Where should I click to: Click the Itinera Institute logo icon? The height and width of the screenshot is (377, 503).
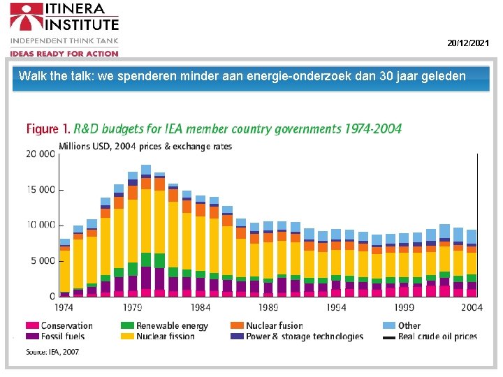[25, 17]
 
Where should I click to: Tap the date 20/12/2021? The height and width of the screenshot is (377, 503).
[468, 43]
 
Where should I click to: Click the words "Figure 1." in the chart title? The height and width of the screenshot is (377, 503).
[48, 128]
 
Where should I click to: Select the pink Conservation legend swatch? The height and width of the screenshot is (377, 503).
[32, 325]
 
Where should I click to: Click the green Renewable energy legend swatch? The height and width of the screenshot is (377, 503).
[126, 325]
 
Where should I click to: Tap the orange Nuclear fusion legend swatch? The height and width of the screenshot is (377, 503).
[237, 325]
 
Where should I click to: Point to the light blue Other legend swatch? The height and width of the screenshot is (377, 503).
[388, 325]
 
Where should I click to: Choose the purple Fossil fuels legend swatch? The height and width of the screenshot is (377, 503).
[32, 337]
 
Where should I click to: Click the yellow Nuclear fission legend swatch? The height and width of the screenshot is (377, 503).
[126, 337]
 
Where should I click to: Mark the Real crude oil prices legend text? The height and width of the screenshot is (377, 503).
[437, 337]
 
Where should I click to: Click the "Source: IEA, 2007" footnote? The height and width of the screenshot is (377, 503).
[53, 352]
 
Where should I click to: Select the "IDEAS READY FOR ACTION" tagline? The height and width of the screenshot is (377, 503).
[64, 54]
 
